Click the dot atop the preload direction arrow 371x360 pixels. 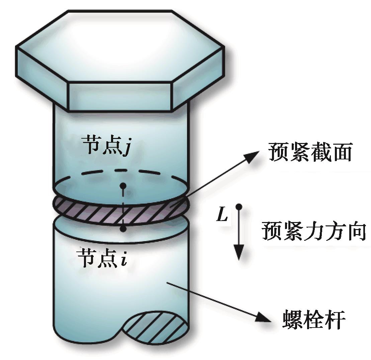[239, 206]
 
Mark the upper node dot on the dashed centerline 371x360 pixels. [123, 185]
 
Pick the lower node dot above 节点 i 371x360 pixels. [123, 229]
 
